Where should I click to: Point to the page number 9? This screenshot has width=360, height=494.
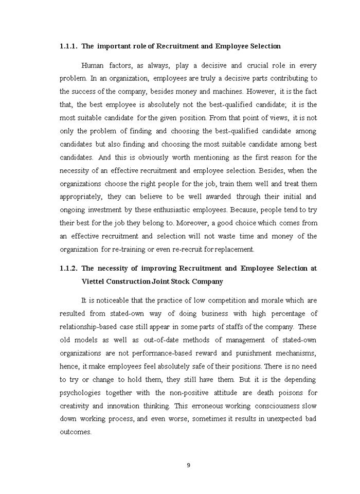[x=188, y=465]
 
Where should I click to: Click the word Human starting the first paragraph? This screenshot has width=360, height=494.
[x=93, y=65]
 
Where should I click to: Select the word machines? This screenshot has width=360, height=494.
[x=227, y=92]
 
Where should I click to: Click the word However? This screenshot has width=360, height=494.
[x=261, y=92]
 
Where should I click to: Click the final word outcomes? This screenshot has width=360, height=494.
[x=75, y=432]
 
